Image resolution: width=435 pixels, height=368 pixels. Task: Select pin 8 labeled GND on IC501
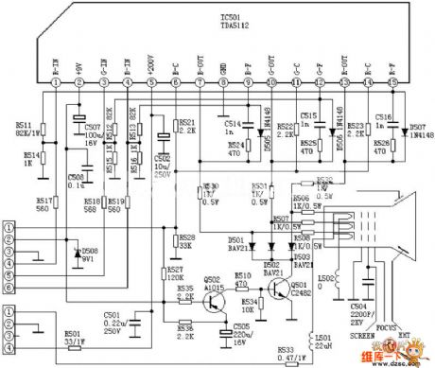pos(223,83)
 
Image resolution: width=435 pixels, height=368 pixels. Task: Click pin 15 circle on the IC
pos(391,83)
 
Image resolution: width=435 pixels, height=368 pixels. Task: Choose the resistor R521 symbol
pos(176,125)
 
